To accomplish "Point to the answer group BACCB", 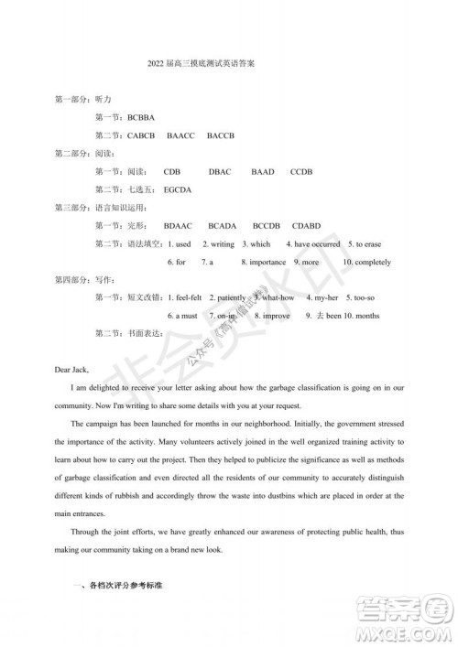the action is point(221,135).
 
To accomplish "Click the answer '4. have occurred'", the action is point(312,244).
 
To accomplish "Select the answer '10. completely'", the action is point(365,262).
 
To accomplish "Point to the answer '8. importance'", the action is point(264,262).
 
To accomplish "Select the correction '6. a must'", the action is point(182,316).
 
